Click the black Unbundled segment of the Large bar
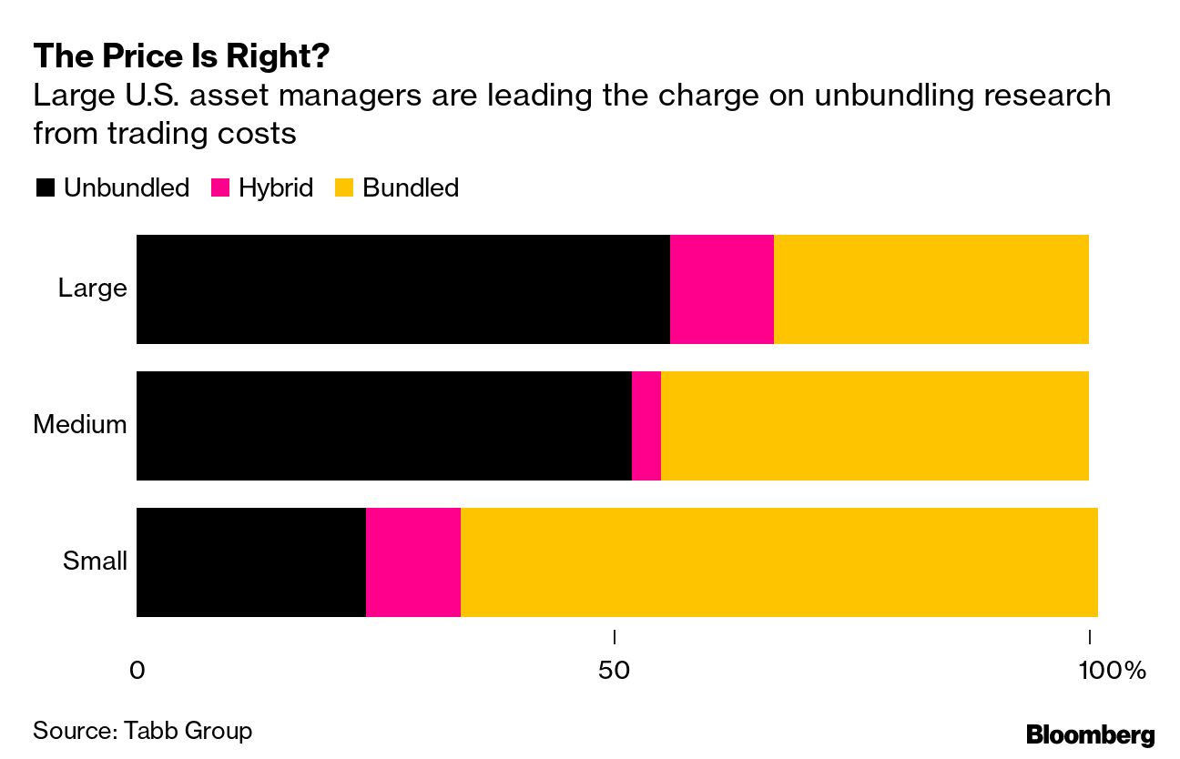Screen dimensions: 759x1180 (x=402, y=289)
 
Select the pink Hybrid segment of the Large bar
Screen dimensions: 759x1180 (x=722, y=289)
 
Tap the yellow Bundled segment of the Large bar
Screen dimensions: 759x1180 (x=931, y=289)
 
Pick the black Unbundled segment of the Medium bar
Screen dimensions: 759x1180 (x=383, y=426)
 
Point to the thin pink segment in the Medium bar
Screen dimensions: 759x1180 (x=646, y=426)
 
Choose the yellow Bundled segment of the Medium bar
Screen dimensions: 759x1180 (x=874, y=426)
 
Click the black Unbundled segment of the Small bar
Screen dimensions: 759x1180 (x=250, y=562)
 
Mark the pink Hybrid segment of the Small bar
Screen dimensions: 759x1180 (x=412, y=562)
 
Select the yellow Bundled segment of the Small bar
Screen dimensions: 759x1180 (x=778, y=562)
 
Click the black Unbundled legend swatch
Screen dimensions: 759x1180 (x=45, y=188)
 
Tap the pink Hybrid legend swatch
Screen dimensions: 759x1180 (x=220, y=188)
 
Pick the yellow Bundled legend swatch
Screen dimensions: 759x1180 (x=344, y=188)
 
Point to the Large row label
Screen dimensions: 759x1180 (x=92, y=288)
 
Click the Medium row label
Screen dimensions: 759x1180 (x=80, y=424)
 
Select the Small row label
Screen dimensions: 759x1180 (x=95, y=561)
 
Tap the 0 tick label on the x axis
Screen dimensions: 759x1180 (x=137, y=672)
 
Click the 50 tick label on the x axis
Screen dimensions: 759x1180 (x=615, y=672)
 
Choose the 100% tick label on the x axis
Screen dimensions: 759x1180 (x=1111, y=672)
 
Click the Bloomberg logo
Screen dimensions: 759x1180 (x=1090, y=734)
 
